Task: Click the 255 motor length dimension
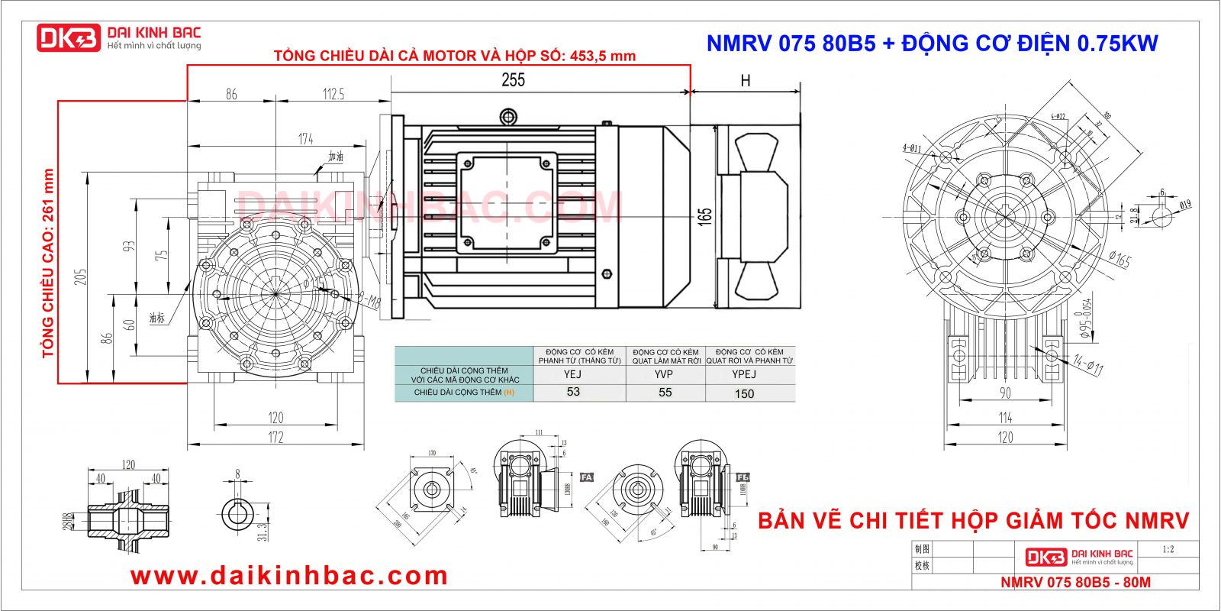pos(513,79)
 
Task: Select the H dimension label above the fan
pos(746,80)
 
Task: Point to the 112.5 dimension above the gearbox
pos(333,94)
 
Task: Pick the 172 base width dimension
pos(275,437)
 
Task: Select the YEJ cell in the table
pos(572,374)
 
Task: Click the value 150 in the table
pos(744,393)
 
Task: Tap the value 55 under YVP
pos(665,393)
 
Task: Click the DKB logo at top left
pos(69,37)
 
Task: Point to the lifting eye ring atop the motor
pos(508,116)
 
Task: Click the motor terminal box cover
pos(504,202)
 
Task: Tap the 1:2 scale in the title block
pos(1168,549)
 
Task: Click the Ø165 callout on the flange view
pos(1120,260)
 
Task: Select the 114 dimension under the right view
pos(1005,417)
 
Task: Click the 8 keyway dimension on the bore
pos(237,475)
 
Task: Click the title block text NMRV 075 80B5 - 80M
pos(1075,582)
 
